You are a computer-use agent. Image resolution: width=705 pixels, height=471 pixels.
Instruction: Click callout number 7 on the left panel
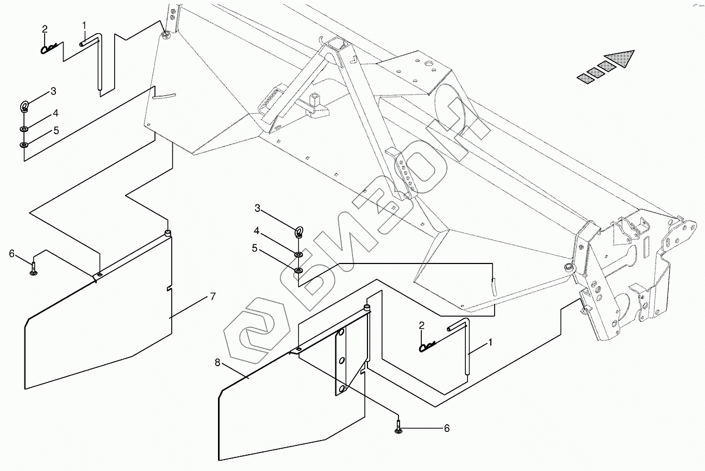click(213, 297)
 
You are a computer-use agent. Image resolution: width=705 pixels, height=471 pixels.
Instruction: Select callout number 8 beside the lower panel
click(218, 363)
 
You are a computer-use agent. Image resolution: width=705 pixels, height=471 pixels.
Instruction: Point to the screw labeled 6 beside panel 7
click(34, 268)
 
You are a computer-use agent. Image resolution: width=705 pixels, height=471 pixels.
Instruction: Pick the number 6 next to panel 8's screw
click(447, 428)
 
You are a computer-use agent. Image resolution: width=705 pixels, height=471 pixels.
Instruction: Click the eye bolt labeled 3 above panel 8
click(298, 233)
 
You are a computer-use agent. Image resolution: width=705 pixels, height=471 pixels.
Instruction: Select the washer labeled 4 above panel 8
click(298, 254)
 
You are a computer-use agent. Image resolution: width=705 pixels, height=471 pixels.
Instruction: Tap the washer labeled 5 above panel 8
click(298, 270)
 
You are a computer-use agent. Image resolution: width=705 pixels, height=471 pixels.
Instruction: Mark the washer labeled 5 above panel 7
click(24, 145)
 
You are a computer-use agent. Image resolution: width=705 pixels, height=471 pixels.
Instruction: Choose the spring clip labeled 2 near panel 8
click(428, 346)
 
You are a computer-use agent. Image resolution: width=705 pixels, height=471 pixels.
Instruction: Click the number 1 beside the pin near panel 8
click(490, 343)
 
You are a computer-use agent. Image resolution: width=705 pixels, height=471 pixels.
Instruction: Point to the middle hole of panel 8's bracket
click(341, 360)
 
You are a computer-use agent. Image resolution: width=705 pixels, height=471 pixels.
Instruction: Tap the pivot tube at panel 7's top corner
click(169, 234)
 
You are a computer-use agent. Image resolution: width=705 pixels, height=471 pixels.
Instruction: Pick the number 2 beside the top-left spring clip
click(45, 29)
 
